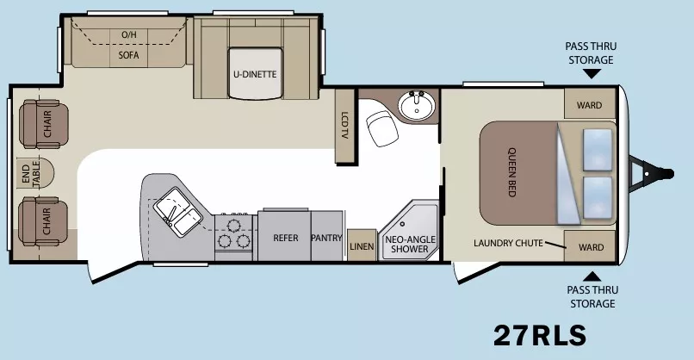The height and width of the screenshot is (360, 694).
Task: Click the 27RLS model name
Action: point(540,333)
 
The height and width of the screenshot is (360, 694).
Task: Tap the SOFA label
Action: point(128,53)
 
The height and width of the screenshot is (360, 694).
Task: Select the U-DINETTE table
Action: point(254,74)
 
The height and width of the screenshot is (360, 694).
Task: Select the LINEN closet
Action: point(361,245)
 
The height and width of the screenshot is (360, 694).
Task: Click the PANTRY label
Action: point(327,238)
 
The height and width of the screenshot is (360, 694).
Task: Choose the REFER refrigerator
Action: point(285,238)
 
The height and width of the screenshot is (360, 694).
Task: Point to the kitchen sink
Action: point(175,208)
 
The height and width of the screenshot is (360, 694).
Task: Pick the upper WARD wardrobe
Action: point(590,106)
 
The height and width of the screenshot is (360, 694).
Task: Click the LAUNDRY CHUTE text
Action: point(508,243)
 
